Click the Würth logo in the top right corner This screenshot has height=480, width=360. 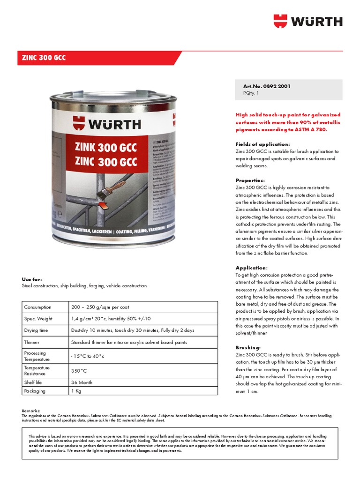[x=308, y=21]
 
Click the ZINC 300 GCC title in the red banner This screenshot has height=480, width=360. [x=44, y=58]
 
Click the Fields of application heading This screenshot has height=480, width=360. [x=262, y=144]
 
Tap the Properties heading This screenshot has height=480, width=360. [x=250, y=180]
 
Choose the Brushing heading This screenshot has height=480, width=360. [x=248, y=348]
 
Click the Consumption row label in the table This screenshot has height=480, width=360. [x=37, y=307]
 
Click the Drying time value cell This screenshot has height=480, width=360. [x=132, y=330]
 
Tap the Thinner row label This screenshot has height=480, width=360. [x=32, y=342]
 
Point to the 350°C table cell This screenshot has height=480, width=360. [x=79, y=370]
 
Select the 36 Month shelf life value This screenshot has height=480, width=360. [x=82, y=382]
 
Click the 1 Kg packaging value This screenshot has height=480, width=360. [x=76, y=390]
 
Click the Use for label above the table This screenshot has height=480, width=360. [x=32, y=279]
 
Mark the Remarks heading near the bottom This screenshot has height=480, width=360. [x=31, y=411]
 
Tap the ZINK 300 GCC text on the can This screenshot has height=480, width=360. [x=106, y=148]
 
